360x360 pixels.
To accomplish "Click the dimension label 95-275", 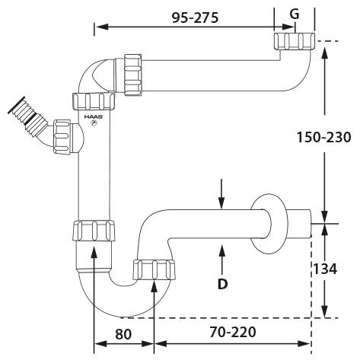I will coord(190,17).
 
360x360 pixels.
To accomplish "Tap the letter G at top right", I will coord(294,14).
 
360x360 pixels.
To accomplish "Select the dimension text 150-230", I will coord(323,138).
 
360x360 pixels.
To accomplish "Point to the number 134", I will coord(324,269).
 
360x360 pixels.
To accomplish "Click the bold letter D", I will coord(222,284).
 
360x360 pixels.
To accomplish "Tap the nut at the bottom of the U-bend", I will coord(155,269).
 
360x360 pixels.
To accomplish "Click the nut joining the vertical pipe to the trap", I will coord(95,231).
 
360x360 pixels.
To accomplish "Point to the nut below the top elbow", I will coord(93,100).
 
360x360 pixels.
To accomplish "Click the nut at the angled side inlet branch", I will coord(59,135).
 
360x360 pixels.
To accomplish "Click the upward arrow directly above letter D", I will coord(221,256).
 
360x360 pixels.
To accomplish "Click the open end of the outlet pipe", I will coord(312,224).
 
